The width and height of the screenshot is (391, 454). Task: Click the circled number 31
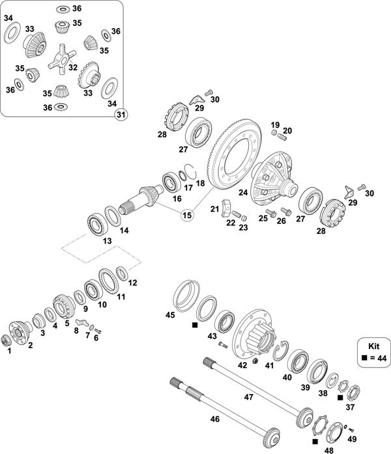click(x=120, y=115)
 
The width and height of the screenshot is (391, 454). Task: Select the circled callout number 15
click(x=188, y=214)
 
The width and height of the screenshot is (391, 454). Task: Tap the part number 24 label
click(x=243, y=192)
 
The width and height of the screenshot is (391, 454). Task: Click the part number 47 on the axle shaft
click(x=248, y=396)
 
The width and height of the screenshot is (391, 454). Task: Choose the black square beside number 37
click(x=340, y=396)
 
